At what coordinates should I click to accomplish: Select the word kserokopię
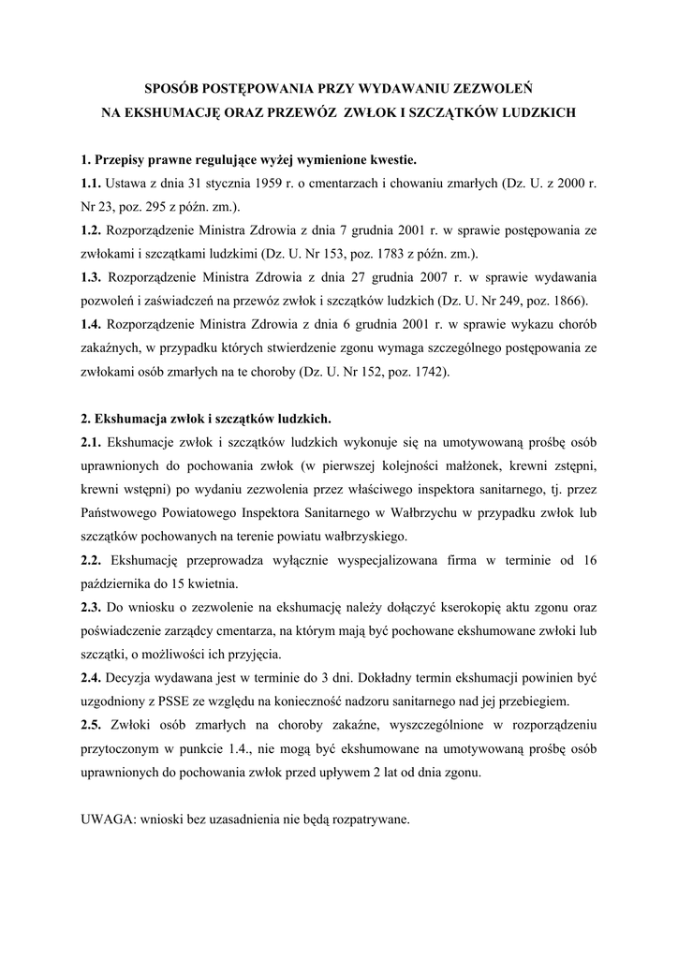point(408,608)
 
